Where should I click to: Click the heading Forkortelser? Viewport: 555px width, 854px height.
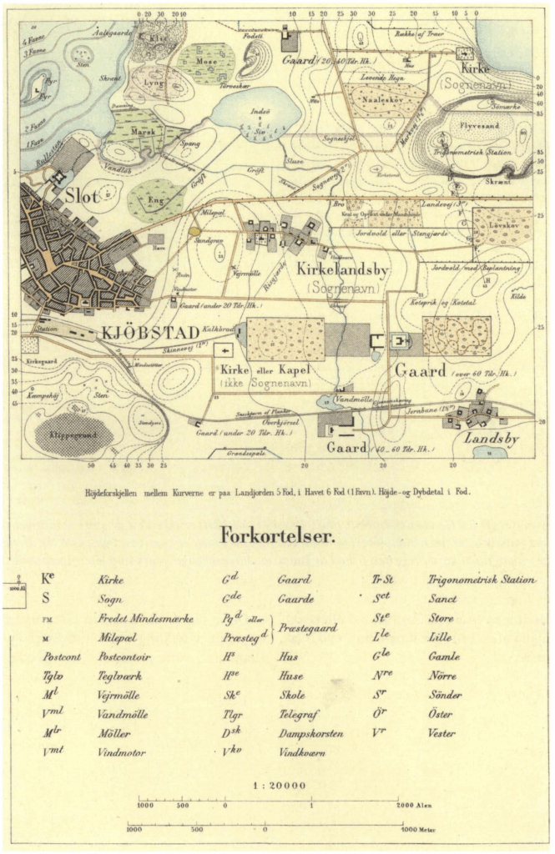pyautogui.click(x=277, y=535)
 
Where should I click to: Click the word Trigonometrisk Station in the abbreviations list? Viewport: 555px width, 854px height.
pyautogui.click(x=482, y=580)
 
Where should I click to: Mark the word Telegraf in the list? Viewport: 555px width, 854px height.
pyautogui.click(x=297, y=714)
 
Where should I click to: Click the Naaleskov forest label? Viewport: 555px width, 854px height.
pyautogui.click(x=381, y=98)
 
